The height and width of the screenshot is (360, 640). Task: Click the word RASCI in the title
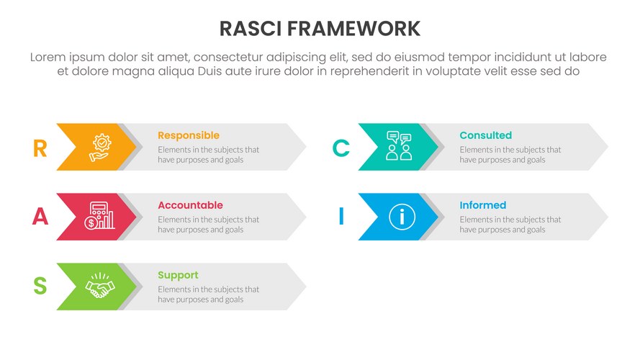(x=251, y=29)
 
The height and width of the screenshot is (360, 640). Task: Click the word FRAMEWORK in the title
(x=354, y=29)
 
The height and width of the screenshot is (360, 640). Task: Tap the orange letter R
(x=40, y=148)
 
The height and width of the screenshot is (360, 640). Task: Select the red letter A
(x=40, y=216)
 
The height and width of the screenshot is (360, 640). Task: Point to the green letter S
(x=40, y=286)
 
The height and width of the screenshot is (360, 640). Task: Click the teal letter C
(x=341, y=148)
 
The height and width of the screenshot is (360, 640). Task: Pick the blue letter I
(x=341, y=216)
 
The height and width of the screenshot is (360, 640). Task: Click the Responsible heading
(x=189, y=135)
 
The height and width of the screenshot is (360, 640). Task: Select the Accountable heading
(x=191, y=205)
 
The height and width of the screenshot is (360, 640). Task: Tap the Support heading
(x=178, y=276)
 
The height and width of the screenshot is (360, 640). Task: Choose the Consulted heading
(x=486, y=135)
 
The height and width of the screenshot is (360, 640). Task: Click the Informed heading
(x=483, y=205)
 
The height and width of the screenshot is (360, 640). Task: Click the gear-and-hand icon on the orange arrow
(x=100, y=148)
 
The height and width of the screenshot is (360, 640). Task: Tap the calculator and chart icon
(x=99, y=215)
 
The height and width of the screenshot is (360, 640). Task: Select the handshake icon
(x=100, y=285)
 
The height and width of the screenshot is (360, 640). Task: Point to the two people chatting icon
(x=399, y=145)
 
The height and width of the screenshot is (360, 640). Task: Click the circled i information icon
(x=402, y=217)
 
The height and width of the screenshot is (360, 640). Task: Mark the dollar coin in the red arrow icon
(x=91, y=223)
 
